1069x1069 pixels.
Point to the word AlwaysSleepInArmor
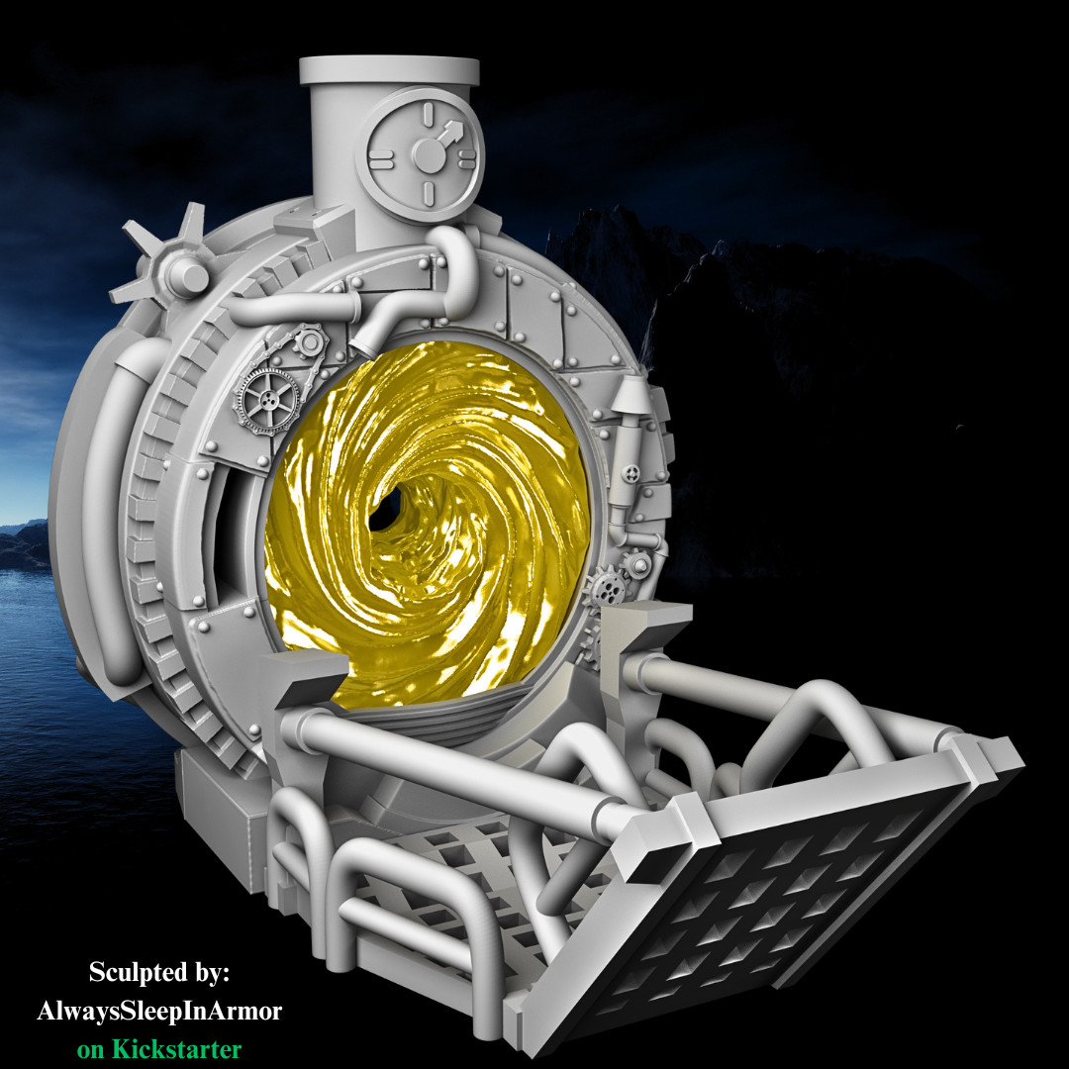(159, 1012)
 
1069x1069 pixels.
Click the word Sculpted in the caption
(136, 973)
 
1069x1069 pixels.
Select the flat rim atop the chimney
(389, 69)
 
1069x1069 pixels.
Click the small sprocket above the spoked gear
(310, 342)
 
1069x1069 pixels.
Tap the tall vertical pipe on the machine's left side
(111, 515)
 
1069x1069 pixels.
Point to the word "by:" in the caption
(208, 973)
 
